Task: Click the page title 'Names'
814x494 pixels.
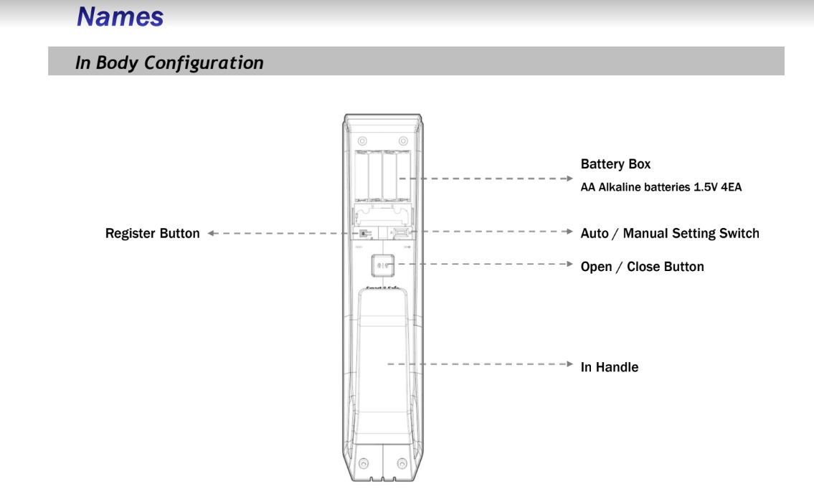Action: point(120,16)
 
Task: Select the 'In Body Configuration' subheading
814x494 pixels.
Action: point(169,63)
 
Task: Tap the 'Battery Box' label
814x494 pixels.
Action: point(615,164)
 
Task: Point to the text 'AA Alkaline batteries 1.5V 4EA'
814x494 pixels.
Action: point(661,187)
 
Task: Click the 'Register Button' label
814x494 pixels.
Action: point(152,234)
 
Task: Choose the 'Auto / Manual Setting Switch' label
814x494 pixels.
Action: point(670,234)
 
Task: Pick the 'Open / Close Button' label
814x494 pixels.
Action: point(642,267)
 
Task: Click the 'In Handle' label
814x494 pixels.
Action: point(610,367)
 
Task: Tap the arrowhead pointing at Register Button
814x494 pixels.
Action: point(211,234)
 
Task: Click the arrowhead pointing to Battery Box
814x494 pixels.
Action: point(569,179)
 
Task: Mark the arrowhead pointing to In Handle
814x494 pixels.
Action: point(569,364)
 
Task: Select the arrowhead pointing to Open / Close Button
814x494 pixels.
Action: point(569,264)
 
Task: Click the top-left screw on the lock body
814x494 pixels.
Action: point(362,141)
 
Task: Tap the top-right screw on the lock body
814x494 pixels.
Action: point(403,141)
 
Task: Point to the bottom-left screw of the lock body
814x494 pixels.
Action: point(364,463)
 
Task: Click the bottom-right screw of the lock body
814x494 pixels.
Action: point(402,463)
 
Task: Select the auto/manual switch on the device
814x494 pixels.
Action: point(402,233)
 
